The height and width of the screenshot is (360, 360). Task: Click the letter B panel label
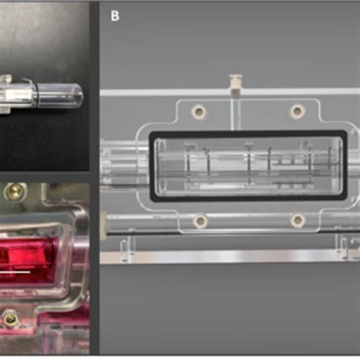pos(115,15)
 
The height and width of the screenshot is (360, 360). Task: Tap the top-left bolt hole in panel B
pos(198,112)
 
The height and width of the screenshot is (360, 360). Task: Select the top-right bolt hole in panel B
pos(297,112)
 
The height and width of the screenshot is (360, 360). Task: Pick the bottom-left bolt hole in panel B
pos(200,221)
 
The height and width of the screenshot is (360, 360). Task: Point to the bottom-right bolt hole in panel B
pos(298,221)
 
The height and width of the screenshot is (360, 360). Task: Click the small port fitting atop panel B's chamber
pos(235,82)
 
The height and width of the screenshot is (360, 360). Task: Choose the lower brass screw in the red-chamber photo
pos(11,320)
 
